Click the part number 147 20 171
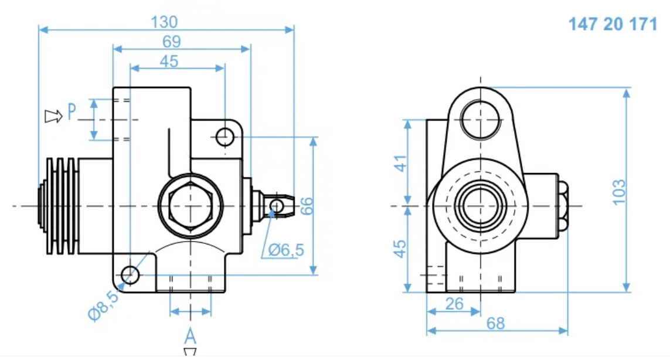[x=613, y=25]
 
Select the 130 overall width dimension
[x=164, y=22]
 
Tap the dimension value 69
[x=172, y=42]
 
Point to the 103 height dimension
[x=619, y=192]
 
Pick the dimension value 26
[x=454, y=303]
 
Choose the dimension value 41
[x=400, y=162]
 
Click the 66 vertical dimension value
[x=307, y=205]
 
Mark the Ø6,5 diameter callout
[x=287, y=250]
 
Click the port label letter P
[x=72, y=111]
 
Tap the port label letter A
[x=190, y=337]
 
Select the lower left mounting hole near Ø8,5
[x=130, y=273]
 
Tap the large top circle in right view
[x=481, y=119]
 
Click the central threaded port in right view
[x=480, y=206]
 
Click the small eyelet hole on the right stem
[x=276, y=205]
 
